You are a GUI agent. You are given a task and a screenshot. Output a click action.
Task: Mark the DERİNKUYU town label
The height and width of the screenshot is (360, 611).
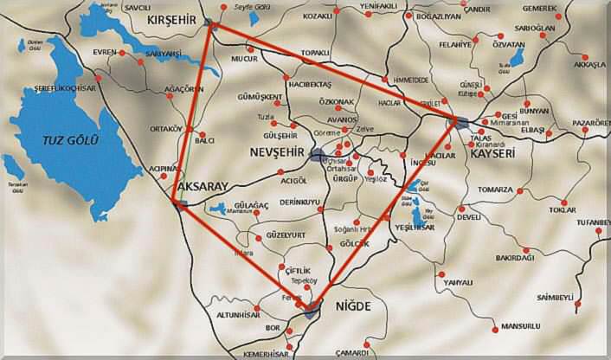(x=293, y=202)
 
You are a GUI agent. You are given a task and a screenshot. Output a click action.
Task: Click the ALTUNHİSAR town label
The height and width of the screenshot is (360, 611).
(x=240, y=315)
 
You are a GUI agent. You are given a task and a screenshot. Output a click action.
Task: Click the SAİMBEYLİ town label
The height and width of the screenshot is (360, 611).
(x=556, y=297)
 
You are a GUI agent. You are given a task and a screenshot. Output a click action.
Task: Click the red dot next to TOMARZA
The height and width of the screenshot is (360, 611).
(x=519, y=190)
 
